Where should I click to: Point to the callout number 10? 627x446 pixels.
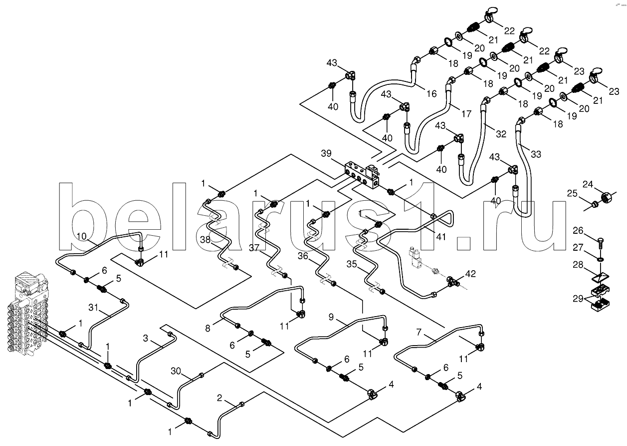pos(82,236)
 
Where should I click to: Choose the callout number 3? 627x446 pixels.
pos(145,339)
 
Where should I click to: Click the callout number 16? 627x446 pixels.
pos(431,93)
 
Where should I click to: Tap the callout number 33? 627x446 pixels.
pos(535,154)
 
